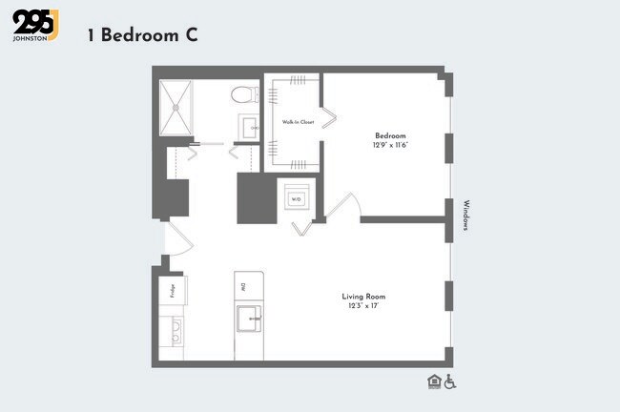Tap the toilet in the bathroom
click(x=245, y=94)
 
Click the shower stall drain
click(x=176, y=107)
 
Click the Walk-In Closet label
click(x=298, y=122)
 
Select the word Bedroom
click(x=391, y=134)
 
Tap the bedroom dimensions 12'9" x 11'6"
click(x=391, y=145)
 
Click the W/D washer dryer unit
click(x=297, y=198)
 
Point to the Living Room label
click(x=363, y=297)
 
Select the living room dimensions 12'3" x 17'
click(x=363, y=307)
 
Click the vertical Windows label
click(x=465, y=216)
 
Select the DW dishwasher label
click(x=244, y=285)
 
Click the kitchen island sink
click(x=249, y=318)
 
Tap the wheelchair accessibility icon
click(x=450, y=382)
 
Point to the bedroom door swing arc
click(x=344, y=202)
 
